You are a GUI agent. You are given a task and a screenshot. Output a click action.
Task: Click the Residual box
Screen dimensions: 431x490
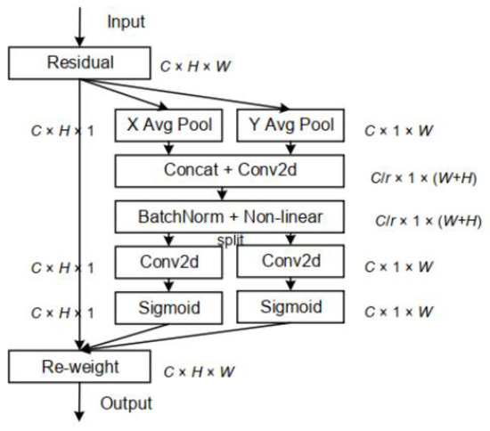[80, 63]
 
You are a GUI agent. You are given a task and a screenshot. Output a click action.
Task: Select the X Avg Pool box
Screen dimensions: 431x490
[169, 126]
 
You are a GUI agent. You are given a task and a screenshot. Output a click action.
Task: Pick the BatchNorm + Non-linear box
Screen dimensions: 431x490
[229, 216]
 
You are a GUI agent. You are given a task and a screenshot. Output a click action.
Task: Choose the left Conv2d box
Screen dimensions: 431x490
[169, 263]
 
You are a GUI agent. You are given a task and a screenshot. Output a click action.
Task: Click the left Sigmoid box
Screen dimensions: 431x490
[169, 308]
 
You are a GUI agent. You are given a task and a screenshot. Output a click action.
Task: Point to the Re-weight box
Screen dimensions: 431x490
[80, 367]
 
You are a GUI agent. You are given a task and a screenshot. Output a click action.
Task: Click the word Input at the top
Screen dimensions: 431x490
[127, 19]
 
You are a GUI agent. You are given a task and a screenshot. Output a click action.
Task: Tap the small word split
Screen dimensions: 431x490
[230, 240]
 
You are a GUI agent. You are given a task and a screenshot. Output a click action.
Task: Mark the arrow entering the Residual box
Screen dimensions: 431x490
[80, 27]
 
